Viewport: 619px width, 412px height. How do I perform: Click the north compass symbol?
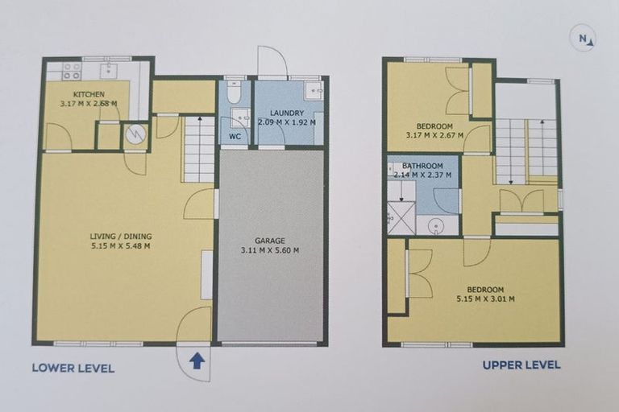(584, 39)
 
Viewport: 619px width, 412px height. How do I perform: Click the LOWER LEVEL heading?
(73, 369)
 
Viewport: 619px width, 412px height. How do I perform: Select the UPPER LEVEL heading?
(521, 365)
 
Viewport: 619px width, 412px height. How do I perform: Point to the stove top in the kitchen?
(72, 71)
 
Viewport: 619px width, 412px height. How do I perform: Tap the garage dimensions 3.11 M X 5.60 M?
(271, 250)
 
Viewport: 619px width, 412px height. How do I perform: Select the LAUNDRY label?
(286, 113)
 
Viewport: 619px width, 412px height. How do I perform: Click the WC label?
(235, 137)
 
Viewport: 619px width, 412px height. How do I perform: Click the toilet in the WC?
(234, 94)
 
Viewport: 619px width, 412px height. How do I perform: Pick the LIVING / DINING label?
(121, 236)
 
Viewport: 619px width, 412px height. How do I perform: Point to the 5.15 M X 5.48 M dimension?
(121, 246)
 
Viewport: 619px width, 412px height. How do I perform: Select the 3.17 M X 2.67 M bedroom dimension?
(436, 136)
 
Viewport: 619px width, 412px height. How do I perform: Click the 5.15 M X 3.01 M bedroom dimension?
(484, 299)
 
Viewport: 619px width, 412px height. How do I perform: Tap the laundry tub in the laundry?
(314, 89)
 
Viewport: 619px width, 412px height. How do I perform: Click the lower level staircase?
(198, 149)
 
